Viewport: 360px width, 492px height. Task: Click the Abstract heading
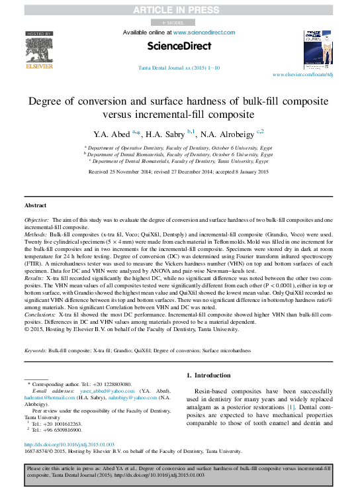(x=35, y=206)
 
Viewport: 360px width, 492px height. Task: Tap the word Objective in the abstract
(x=36, y=219)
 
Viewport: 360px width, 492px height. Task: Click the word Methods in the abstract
(x=36, y=235)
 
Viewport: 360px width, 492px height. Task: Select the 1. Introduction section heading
(x=208, y=375)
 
